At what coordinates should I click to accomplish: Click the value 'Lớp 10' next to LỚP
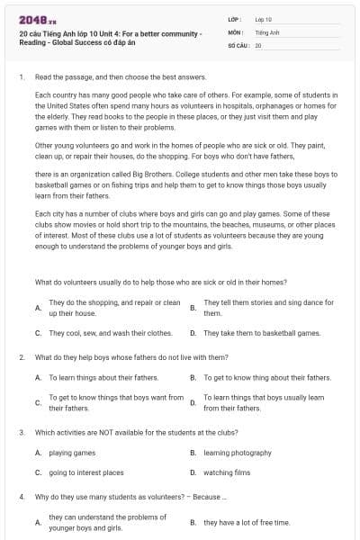(264, 19)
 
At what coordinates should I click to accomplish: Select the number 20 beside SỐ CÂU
(258, 44)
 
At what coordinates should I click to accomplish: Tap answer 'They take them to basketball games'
(262, 333)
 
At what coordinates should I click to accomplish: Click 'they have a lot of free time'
(247, 522)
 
